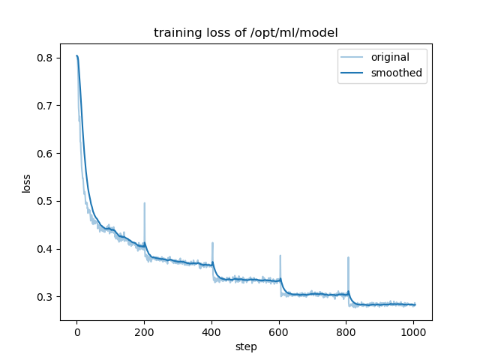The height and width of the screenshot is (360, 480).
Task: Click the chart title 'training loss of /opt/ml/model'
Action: click(246, 33)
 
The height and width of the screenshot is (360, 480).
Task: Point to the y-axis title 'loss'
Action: click(27, 182)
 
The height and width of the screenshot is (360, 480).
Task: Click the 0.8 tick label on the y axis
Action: click(45, 58)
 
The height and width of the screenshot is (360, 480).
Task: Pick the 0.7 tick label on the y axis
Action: click(45, 106)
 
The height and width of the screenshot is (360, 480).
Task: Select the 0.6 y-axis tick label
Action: click(45, 154)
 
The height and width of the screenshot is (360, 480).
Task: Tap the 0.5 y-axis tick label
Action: click(45, 201)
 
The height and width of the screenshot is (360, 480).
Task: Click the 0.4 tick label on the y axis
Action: click(45, 249)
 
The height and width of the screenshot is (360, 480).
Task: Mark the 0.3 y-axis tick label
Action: click(45, 297)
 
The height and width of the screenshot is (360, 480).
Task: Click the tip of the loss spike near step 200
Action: click(145, 203)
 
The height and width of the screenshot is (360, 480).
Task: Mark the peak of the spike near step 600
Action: click(280, 256)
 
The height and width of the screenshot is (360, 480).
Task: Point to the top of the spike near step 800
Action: click(348, 257)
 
